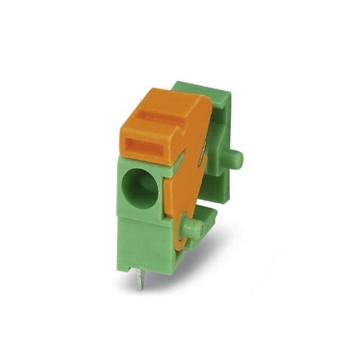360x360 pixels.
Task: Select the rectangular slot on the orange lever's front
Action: (x=146, y=148)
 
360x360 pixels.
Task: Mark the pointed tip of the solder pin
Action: (x=140, y=287)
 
